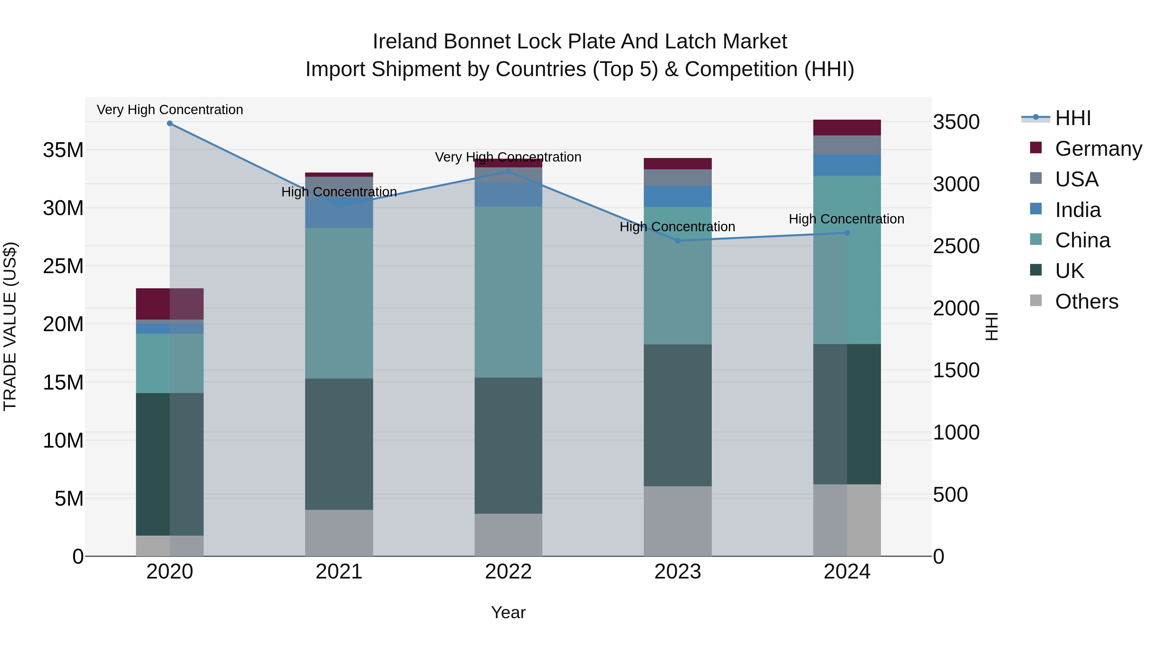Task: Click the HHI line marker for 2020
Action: click(x=170, y=124)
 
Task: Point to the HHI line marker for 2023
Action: click(x=678, y=241)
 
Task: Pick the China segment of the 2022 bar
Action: click(x=508, y=292)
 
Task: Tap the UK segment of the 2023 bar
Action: click(x=678, y=415)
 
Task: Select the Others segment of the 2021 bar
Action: click(x=339, y=533)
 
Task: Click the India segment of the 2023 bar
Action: click(x=678, y=196)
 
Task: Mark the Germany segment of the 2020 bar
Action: click(x=170, y=304)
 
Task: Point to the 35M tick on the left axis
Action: click(x=63, y=150)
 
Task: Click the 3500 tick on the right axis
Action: click(x=956, y=122)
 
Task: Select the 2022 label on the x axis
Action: click(x=508, y=572)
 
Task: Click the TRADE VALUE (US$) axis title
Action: click(x=10, y=326)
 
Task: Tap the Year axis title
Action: click(x=508, y=612)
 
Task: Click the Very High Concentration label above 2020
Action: click(x=170, y=110)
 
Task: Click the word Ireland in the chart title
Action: click(x=404, y=42)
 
